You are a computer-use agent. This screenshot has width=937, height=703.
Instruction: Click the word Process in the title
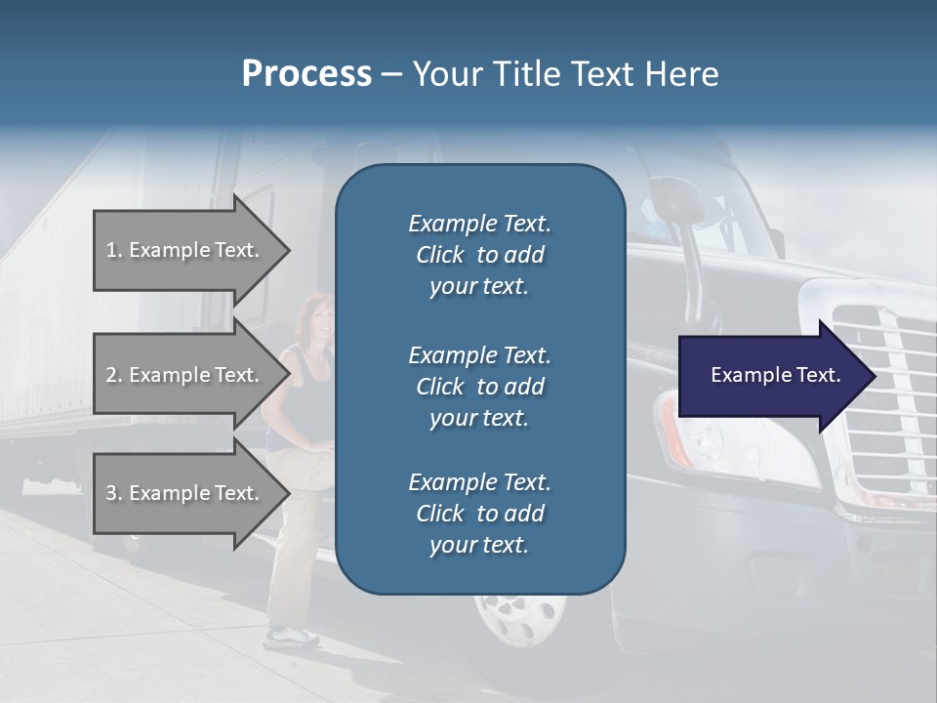(306, 74)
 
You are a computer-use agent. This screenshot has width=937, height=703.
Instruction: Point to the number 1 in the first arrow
(111, 250)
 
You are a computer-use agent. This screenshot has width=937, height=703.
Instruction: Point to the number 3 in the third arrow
(111, 493)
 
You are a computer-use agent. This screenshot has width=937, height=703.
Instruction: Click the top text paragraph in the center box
(479, 255)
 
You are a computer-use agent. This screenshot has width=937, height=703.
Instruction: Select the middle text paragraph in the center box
(479, 386)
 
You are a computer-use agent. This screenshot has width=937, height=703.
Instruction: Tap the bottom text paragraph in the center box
(479, 514)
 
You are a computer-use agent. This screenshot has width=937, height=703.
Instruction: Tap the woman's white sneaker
(292, 637)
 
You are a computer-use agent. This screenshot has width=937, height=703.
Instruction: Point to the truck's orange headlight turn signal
(673, 430)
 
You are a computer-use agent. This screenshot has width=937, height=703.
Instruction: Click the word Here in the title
(682, 74)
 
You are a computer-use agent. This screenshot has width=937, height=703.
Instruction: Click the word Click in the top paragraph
(440, 255)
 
